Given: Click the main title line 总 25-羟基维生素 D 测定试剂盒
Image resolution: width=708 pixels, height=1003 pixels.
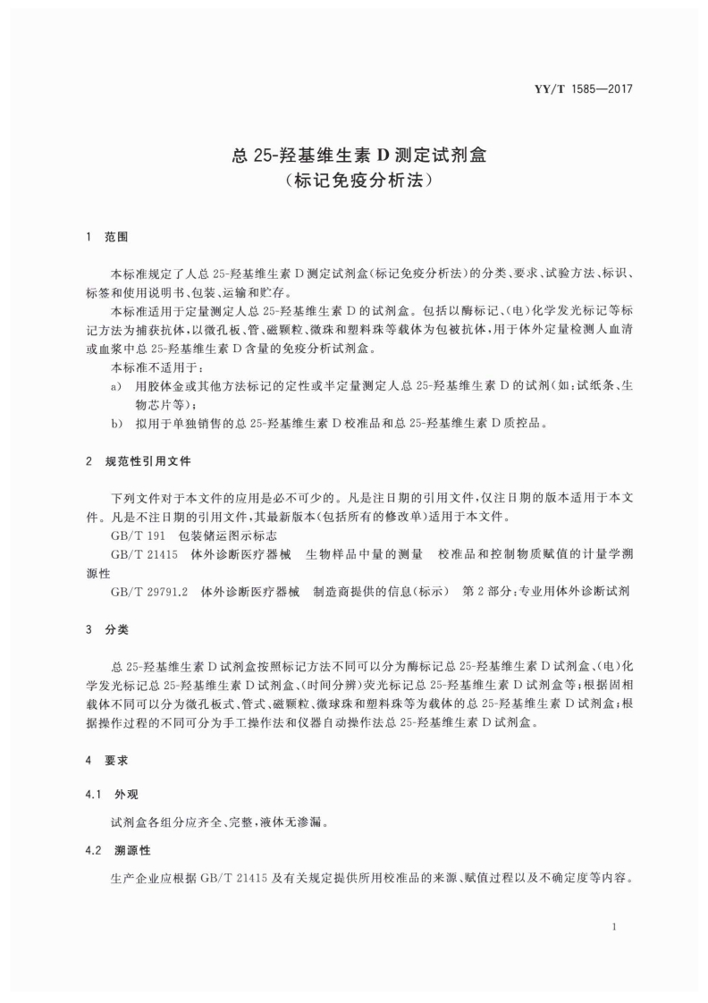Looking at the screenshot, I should (354, 154).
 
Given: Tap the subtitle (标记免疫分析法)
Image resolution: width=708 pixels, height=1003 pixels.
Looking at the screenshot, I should (354, 181).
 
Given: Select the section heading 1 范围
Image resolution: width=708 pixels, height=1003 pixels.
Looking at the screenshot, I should (106, 238).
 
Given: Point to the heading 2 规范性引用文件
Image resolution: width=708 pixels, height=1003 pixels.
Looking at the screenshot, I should (137, 461).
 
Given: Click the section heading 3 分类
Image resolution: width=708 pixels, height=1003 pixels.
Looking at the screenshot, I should (106, 629).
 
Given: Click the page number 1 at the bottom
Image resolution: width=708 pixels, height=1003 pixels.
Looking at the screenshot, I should (615, 927).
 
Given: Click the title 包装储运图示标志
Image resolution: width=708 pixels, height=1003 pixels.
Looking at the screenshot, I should (227, 535).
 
